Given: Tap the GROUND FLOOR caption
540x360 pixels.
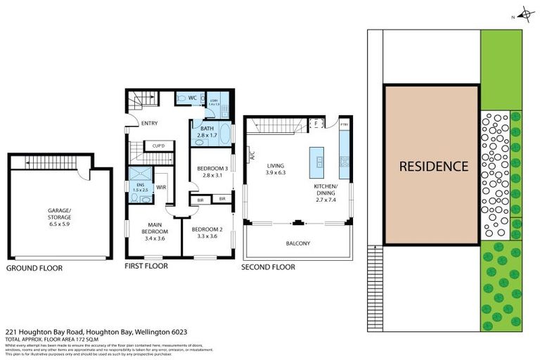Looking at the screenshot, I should (34, 268).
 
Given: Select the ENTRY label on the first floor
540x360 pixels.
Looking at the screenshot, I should (149, 123).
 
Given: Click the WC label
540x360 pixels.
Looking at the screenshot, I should (192, 98).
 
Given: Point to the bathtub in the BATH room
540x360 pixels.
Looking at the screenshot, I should (224, 133).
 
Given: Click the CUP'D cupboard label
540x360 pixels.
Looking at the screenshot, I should (158, 146).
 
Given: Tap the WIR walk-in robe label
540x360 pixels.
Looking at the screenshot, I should (160, 187).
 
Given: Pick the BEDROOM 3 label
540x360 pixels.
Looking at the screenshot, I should (211, 168).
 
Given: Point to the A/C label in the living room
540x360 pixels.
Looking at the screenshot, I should (250, 157).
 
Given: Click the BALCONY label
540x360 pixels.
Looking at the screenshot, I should (297, 243).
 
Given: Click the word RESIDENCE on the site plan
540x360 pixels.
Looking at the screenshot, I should (433, 167).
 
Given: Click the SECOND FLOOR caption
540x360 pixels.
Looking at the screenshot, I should (268, 267).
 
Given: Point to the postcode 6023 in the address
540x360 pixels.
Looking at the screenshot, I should (177, 331).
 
